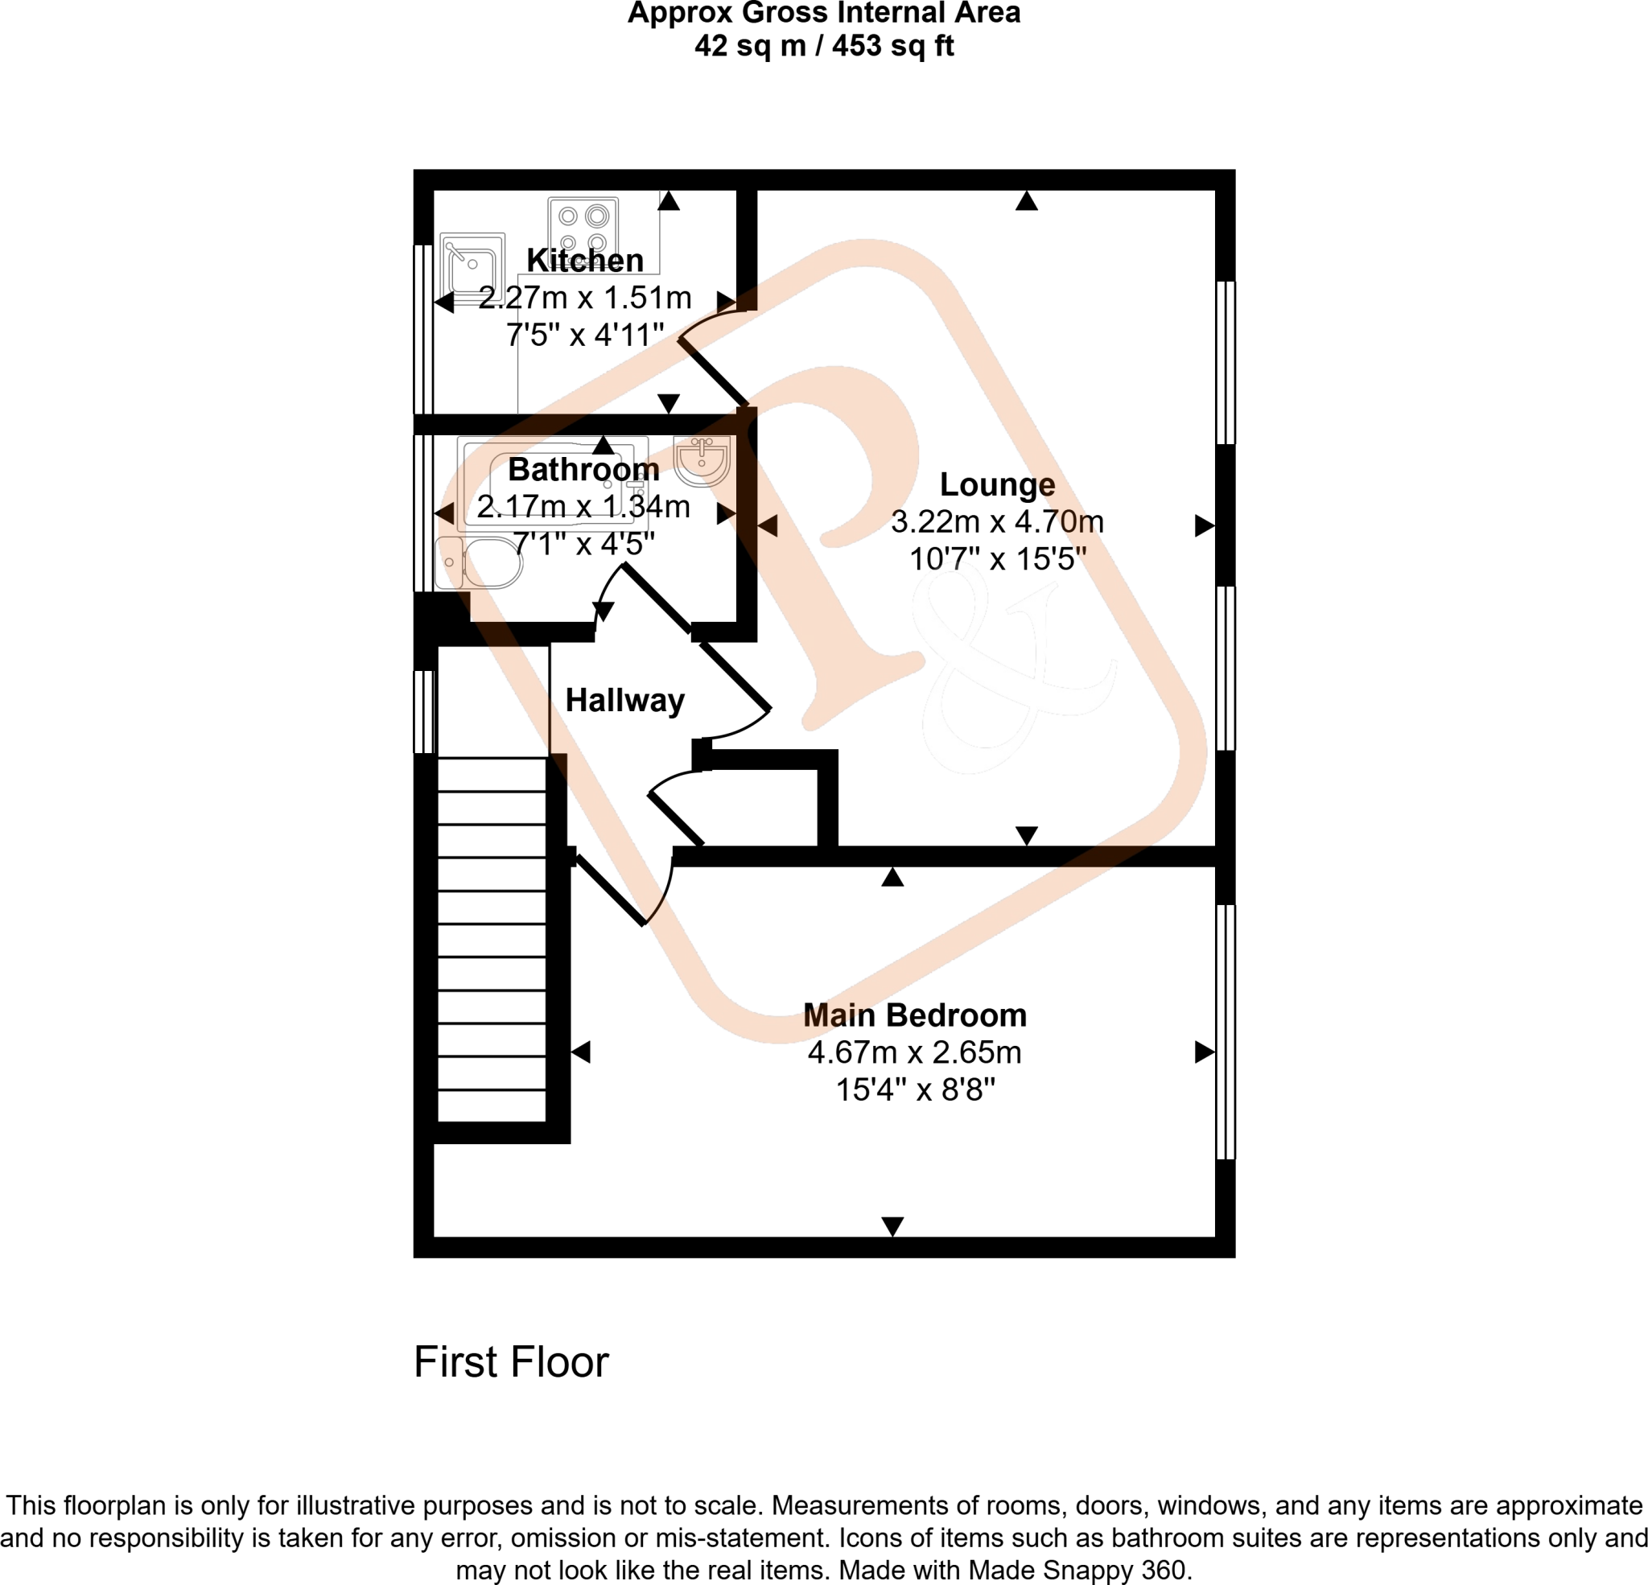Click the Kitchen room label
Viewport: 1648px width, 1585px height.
click(585, 261)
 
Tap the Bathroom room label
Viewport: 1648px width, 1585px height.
click(583, 469)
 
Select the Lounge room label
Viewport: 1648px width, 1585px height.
click(997, 484)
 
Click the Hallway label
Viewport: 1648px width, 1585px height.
click(624, 701)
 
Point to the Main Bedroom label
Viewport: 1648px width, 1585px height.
click(915, 1015)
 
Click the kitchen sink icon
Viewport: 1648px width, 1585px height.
click(472, 266)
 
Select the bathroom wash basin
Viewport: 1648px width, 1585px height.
click(701, 461)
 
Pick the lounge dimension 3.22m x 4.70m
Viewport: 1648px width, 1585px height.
click(997, 522)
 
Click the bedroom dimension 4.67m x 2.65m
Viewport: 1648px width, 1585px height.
click(915, 1052)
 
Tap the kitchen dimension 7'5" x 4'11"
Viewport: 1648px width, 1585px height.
click(585, 336)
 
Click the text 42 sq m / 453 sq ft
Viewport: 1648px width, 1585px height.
click(824, 45)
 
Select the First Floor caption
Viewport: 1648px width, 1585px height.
click(510, 1362)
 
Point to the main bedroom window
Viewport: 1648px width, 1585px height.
click(1226, 1031)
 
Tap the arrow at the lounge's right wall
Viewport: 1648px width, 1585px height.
click(1204, 525)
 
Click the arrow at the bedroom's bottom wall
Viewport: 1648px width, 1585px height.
click(892, 1226)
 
